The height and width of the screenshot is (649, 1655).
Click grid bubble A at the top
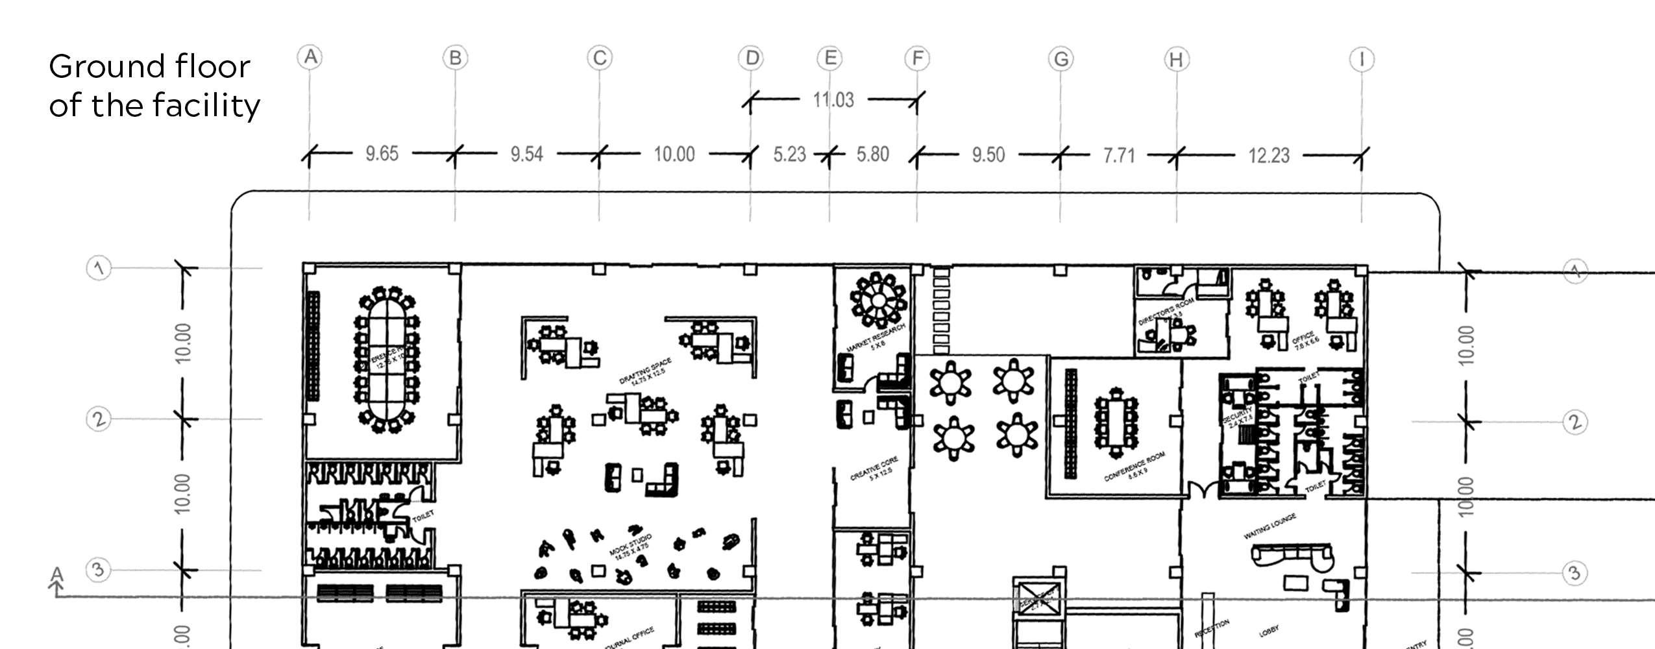tap(311, 57)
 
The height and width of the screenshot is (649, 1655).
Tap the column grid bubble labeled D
tap(752, 58)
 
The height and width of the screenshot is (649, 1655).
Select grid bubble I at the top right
tap(1362, 60)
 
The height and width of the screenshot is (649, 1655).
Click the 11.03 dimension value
tap(833, 100)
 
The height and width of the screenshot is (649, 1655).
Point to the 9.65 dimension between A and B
tap(382, 154)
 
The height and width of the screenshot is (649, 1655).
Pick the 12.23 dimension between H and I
tap(1269, 156)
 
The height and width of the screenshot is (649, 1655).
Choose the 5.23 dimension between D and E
tap(789, 154)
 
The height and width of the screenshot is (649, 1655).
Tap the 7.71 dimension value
tap(1119, 156)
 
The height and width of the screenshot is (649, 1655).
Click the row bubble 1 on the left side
tap(99, 268)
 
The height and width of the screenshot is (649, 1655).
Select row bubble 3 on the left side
tap(98, 570)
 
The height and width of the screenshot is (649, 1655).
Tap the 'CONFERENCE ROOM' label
tap(1134, 467)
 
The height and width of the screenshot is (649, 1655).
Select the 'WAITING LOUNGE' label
tap(1269, 526)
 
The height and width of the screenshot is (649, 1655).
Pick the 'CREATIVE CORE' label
tap(874, 469)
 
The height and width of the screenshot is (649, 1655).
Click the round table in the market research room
tap(878, 300)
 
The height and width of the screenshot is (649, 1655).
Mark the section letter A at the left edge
tap(57, 575)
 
